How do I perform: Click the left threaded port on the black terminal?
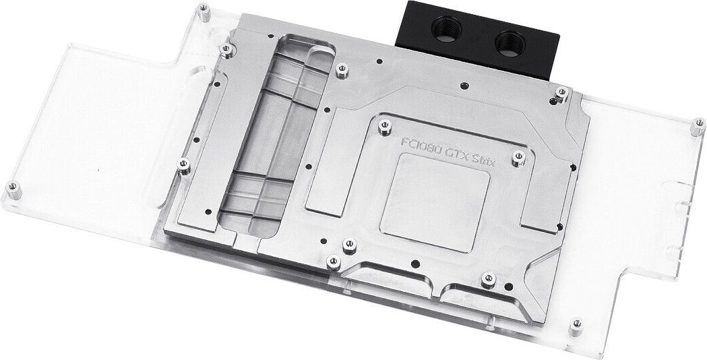click(x=446, y=29)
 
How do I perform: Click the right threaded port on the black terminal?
click(x=510, y=44)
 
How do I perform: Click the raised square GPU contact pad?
click(x=435, y=202)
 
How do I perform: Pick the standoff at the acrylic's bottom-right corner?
click(x=576, y=326)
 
